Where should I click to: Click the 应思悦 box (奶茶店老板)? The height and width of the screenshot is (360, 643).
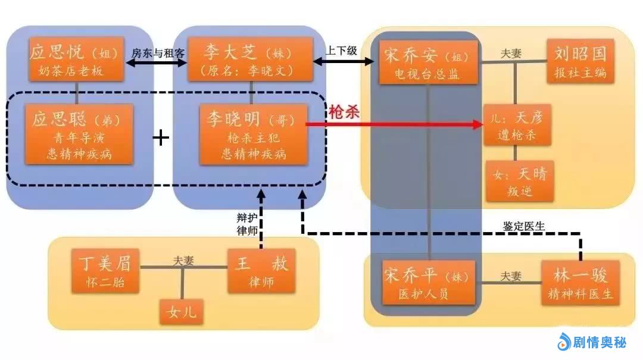coord(76,60)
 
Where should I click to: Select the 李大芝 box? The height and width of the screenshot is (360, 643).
coord(251,60)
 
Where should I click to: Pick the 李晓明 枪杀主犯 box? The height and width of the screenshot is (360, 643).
coord(254,134)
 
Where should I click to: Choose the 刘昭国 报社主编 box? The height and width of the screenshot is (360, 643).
coord(580,61)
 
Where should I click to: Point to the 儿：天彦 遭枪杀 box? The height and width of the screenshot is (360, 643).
coord(517,125)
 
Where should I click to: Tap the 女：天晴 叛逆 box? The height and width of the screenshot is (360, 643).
coord(520,181)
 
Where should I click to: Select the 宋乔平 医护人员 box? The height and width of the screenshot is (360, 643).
coord(429,282)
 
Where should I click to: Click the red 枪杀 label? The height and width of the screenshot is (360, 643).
coord(344,112)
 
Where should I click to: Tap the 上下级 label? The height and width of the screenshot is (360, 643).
coord(341,51)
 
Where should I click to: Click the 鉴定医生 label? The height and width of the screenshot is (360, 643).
coord(524,226)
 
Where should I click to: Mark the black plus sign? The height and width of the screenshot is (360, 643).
coord(161,138)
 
